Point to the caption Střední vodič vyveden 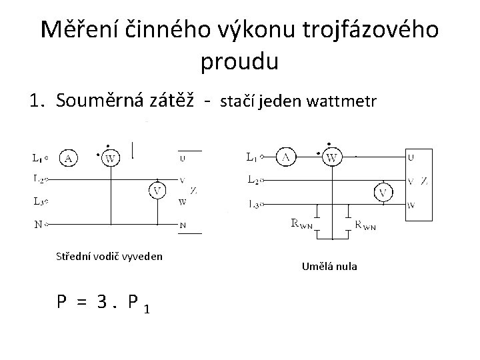(x=109, y=256)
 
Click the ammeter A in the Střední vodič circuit (x=69, y=157)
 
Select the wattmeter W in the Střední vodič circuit (x=111, y=158)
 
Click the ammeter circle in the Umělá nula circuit (x=286, y=157)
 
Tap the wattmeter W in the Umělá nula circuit (x=330, y=157)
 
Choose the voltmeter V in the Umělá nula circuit (x=382, y=193)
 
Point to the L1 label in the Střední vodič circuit (x=38, y=157)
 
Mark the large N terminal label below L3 (x=38, y=225)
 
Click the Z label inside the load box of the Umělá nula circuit (x=424, y=181)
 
